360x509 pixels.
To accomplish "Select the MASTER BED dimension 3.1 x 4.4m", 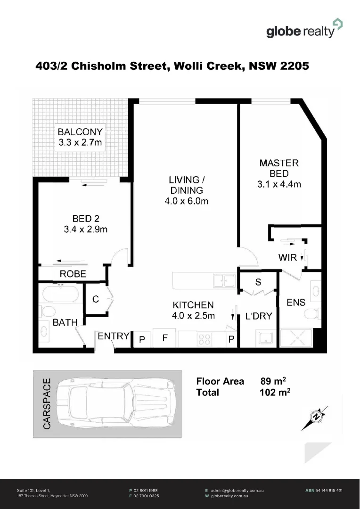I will [x=279, y=184].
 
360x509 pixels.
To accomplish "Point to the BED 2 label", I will [x=85, y=218].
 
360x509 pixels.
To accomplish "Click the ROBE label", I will [x=73, y=274].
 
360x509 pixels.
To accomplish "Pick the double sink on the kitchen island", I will [x=224, y=281].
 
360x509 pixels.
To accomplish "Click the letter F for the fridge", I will [x=165, y=338].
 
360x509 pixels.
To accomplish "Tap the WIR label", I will [x=287, y=257].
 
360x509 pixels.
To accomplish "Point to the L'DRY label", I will [x=259, y=316].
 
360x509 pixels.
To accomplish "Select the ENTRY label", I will [x=113, y=336].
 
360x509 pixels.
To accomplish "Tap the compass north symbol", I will [x=316, y=417].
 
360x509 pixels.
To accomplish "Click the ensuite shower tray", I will [x=296, y=338].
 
